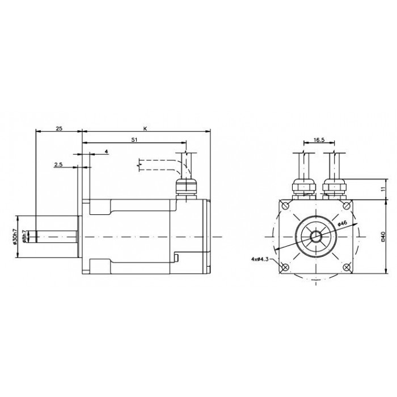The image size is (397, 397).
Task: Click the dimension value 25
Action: (x=59, y=129)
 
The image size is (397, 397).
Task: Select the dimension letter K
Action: (x=145, y=129)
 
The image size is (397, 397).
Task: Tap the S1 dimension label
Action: (x=134, y=140)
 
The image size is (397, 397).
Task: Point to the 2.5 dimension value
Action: (x=58, y=164)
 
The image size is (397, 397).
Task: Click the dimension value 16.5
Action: (x=319, y=140)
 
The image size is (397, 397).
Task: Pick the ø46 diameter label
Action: (x=342, y=223)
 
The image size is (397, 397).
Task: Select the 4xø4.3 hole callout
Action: (x=260, y=259)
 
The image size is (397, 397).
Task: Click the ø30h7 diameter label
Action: (x=14, y=236)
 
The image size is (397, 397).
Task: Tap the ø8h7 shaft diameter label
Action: (x=24, y=236)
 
